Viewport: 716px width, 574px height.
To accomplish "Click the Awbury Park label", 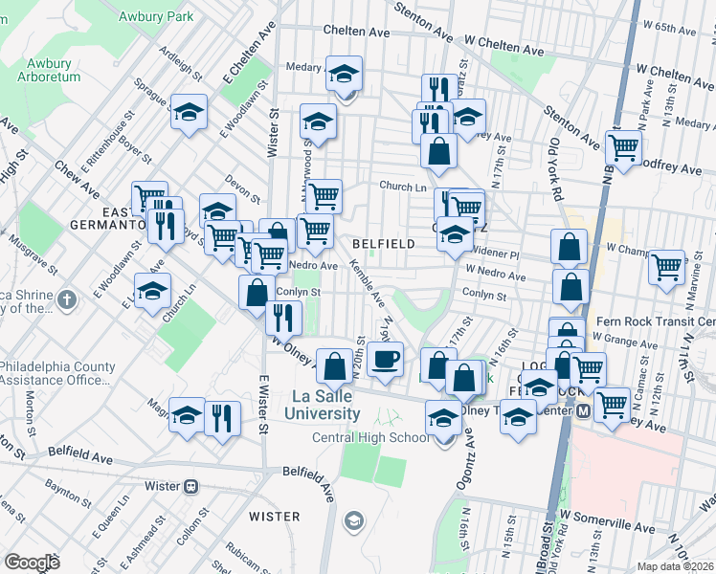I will click(x=156, y=16).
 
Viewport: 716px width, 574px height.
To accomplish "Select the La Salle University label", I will click(x=323, y=405).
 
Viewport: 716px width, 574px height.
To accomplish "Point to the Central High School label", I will click(x=370, y=438).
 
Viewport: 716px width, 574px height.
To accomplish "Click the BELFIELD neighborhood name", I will click(x=383, y=244).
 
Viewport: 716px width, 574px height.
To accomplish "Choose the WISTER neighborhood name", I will click(x=275, y=517).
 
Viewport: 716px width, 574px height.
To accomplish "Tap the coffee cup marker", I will click(x=385, y=360).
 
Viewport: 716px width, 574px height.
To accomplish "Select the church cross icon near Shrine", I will click(x=66, y=299).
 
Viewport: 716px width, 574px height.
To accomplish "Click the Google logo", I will click(x=32, y=563).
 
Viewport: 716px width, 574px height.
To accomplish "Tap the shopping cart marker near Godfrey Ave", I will click(x=623, y=148).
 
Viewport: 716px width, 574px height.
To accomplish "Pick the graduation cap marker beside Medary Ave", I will click(x=345, y=73).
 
